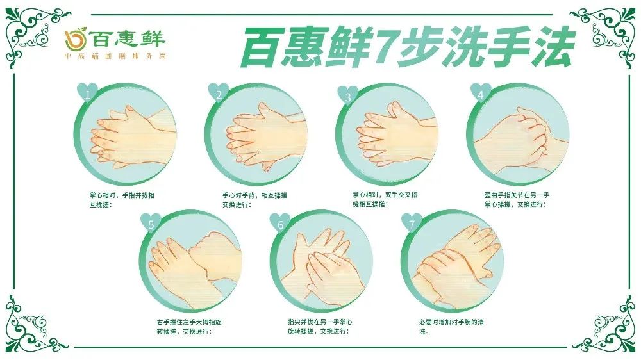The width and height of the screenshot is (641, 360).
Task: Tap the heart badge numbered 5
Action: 151,223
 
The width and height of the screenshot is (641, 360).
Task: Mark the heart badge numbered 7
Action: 412,223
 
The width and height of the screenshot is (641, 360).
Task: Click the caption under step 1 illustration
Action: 122,200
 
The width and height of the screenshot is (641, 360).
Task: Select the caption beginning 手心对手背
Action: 254,200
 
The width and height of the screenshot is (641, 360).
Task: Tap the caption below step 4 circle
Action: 517,200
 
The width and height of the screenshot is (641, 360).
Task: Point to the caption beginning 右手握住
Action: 189,327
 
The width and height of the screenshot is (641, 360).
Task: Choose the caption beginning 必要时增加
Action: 451,327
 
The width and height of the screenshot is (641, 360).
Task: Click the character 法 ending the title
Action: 551,47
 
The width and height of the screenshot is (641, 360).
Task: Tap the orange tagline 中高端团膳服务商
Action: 115,56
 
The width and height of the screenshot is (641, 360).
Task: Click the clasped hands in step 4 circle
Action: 521,138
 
